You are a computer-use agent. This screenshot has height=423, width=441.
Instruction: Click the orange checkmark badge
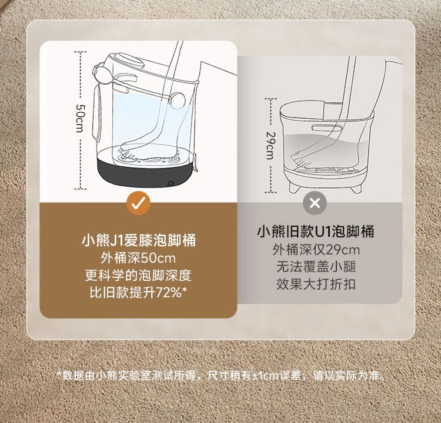click(x=138, y=203)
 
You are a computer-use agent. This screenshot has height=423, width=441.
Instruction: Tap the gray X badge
click(x=315, y=203)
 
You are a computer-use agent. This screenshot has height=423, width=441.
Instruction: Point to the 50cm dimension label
click(x=80, y=118)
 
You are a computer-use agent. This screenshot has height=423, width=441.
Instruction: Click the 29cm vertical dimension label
click(x=270, y=146)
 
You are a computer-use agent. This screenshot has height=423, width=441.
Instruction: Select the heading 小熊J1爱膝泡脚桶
click(x=138, y=241)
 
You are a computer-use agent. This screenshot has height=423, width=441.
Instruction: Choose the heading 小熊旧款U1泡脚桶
click(x=316, y=231)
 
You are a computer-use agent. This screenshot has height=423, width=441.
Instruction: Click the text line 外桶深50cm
click(x=138, y=258)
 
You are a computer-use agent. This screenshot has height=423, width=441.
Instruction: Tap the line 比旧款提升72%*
click(x=138, y=293)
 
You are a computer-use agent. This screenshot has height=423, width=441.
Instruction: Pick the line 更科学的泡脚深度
click(x=138, y=276)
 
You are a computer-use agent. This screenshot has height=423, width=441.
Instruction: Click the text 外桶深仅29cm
click(x=316, y=250)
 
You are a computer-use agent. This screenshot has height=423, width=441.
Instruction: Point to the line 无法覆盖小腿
click(x=316, y=267)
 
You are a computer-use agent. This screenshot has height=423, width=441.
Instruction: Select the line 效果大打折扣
click(x=316, y=284)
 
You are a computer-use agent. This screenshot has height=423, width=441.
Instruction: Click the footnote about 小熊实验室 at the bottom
click(x=221, y=375)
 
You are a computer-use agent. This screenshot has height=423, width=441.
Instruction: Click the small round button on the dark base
click(x=171, y=183)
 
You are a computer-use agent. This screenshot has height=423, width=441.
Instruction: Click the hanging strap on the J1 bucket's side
click(x=96, y=112)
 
